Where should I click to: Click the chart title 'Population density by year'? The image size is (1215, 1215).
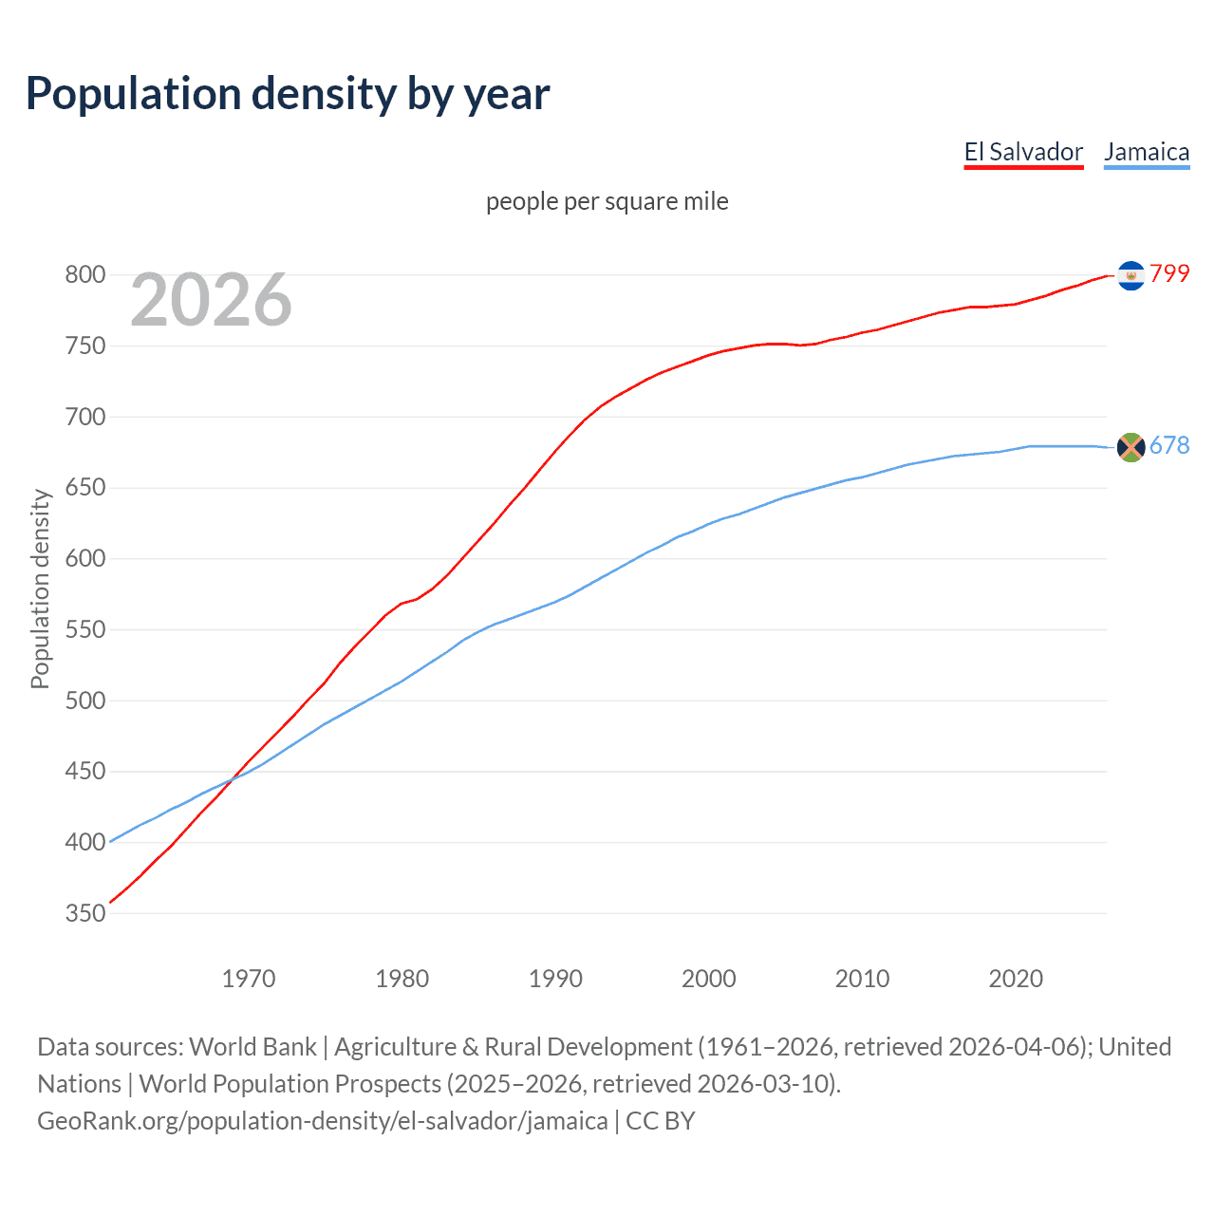point(288,94)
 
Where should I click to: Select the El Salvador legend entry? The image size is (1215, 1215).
point(1023,152)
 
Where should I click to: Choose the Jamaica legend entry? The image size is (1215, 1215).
point(1147,152)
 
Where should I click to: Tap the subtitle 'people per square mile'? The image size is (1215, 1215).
point(607,201)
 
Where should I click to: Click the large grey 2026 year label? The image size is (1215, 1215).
point(211,300)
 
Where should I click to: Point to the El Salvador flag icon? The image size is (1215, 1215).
point(1131,275)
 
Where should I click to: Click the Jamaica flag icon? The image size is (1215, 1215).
point(1131,446)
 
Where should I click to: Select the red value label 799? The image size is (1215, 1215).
point(1169,273)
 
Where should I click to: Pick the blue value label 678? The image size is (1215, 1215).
point(1169,445)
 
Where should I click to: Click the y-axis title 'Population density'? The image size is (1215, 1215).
point(40,589)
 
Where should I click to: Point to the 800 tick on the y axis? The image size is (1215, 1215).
point(84,275)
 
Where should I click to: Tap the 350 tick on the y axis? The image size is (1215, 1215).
point(84,913)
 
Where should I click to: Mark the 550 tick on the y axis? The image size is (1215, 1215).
point(84,629)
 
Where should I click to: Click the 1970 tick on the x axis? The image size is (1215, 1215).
point(249,979)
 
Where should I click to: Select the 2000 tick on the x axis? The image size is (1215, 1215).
point(708,979)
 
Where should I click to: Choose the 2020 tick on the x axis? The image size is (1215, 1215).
point(1016,979)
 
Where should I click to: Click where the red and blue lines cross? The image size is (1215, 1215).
point(232,778)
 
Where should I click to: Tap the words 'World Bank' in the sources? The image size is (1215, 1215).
point(252,1047)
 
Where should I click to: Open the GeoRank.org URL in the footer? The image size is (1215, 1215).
point(323,1121)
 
